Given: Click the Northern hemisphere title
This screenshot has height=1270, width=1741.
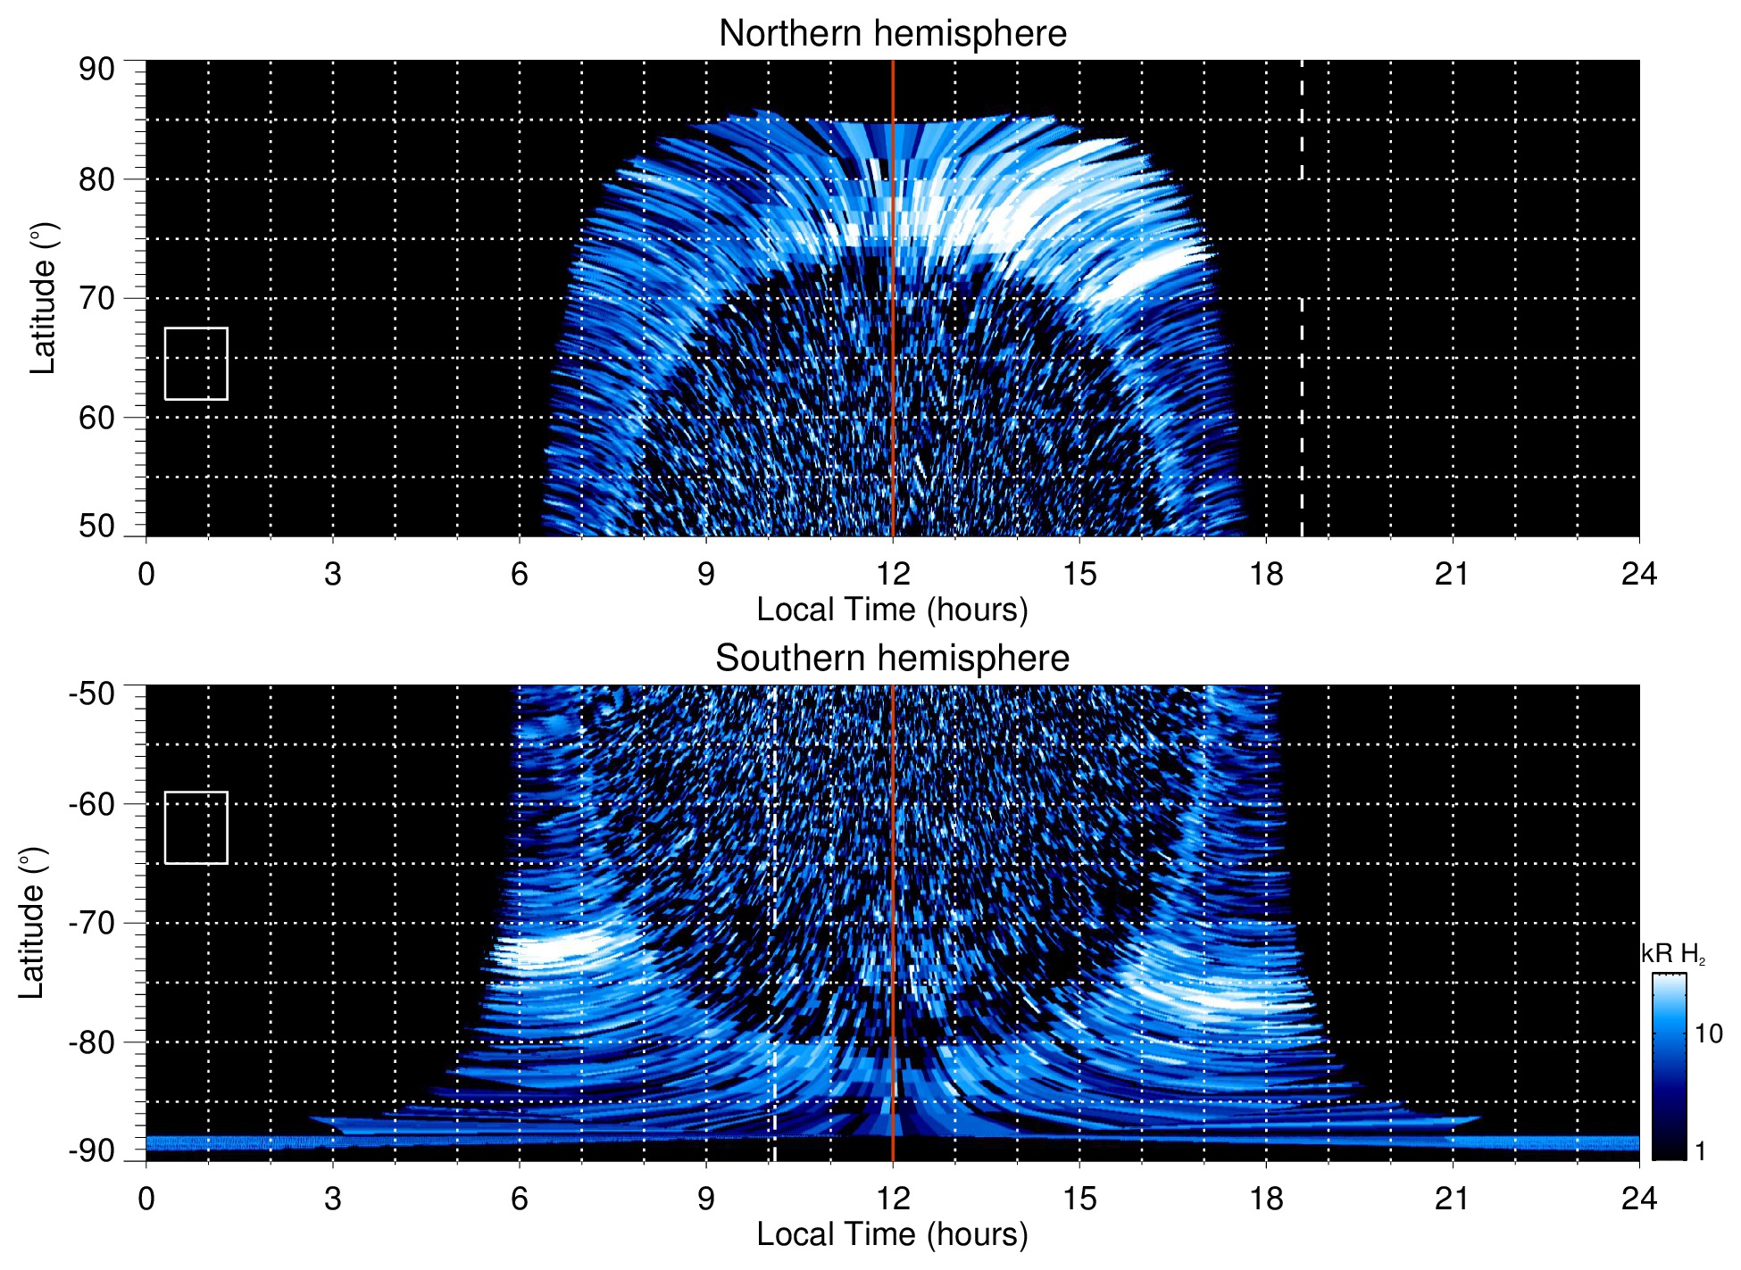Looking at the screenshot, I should [x=892, y=34].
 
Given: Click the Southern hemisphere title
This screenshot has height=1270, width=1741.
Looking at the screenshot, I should [x=892, y=659].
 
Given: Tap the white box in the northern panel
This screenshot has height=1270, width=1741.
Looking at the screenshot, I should [x=196, y=363].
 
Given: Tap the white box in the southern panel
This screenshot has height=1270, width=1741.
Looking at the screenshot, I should [x=196, y=827].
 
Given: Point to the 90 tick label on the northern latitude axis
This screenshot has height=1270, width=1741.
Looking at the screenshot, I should [x=96, y=70].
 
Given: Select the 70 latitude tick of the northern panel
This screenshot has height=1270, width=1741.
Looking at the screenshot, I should [x=96, y=298].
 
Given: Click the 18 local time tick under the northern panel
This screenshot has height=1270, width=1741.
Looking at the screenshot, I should [x=1266, y=574].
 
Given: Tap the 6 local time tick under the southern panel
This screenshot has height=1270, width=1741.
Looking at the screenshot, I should [x=520, y=1199].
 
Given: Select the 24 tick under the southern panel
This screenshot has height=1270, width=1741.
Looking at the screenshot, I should [x=1638, y=1199].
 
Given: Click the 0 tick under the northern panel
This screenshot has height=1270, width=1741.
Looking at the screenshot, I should [x=146, y=574].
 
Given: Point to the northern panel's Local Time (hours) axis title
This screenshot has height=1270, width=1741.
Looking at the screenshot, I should [x=892, y=610].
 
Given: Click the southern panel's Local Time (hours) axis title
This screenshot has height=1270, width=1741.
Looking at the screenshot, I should [x=892, y=1234].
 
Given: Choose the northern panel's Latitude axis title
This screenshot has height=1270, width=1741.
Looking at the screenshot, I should [x=43, y=298].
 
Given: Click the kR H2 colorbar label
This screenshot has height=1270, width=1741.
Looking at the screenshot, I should [x=1673, y=954].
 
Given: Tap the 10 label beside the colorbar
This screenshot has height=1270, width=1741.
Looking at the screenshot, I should [x=1708, y=1033].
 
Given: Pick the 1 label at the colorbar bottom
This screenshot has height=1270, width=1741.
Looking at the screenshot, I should [x=1700, y=1151].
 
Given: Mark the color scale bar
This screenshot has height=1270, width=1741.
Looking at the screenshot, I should [x=1669, y=1067].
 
